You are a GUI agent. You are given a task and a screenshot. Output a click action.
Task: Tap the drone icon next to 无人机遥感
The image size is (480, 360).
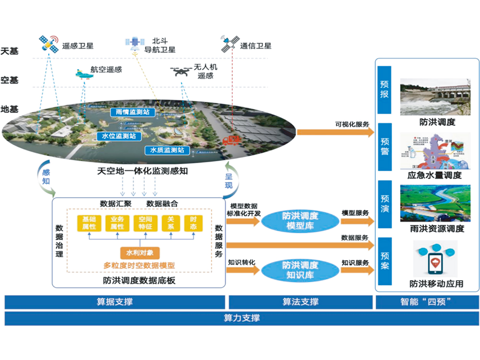pyautogui.click(x=180, y=72)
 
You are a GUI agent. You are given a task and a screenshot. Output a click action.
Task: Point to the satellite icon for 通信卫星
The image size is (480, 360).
pyautogui.click(x=230, y=45)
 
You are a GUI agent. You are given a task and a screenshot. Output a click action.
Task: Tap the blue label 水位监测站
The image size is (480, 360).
pyautogui.click(x=119, y=136)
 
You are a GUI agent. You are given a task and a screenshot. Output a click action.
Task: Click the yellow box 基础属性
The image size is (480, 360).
pyautogui.click(x=89, y=223)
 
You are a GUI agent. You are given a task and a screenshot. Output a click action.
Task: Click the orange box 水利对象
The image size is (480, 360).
pyautogui.click(x=140, y=252)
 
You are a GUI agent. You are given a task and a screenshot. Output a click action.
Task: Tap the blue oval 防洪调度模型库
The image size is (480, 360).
pyautogui.click(x=300, y=221)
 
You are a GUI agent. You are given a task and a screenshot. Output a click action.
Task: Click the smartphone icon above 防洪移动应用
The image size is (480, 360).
pyautogui.click(x=435, y=263)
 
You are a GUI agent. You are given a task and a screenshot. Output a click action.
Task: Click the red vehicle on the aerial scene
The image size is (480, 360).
pyautogui.click(x=232, y=140)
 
